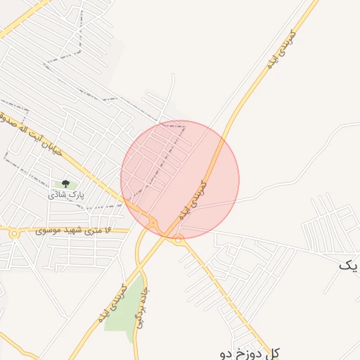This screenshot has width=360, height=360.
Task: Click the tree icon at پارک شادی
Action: click(x=65, y=184)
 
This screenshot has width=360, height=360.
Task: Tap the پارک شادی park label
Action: click(x=65, y=195)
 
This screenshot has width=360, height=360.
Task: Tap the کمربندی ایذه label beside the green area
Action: click(x=112, y=303)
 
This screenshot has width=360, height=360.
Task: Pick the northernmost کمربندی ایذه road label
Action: click(x=281, y=49)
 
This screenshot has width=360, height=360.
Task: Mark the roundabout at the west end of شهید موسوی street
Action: click(x=14, y=233)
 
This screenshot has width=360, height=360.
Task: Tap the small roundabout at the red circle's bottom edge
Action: click(x=179, y=240)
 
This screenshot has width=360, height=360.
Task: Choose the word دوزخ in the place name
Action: click(x=247, y=352)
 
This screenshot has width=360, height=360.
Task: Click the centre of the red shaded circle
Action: click(x=180, y=179)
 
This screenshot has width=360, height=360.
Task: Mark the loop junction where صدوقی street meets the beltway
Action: click(x=153, y=224)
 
